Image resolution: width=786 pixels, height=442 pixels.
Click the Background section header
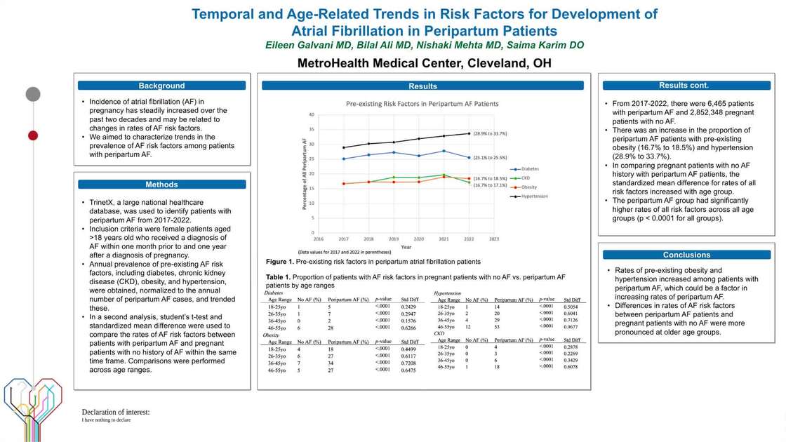161,86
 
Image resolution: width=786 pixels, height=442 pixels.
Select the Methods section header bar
161,185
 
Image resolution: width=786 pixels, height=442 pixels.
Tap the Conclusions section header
686,255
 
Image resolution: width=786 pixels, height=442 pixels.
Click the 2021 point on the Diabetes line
444,151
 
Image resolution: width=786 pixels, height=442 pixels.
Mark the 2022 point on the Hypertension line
468,133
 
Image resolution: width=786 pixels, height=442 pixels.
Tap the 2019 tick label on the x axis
394,239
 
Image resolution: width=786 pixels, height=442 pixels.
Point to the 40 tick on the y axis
310,114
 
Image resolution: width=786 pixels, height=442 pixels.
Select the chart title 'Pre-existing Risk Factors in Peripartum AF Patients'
422,103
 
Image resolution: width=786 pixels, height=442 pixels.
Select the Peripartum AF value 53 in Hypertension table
497,327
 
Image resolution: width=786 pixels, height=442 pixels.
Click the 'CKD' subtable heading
439,333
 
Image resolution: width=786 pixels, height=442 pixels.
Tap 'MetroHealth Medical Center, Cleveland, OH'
424,63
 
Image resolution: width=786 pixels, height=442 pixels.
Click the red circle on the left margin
32,135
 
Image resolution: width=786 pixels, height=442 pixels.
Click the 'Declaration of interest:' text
116,412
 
